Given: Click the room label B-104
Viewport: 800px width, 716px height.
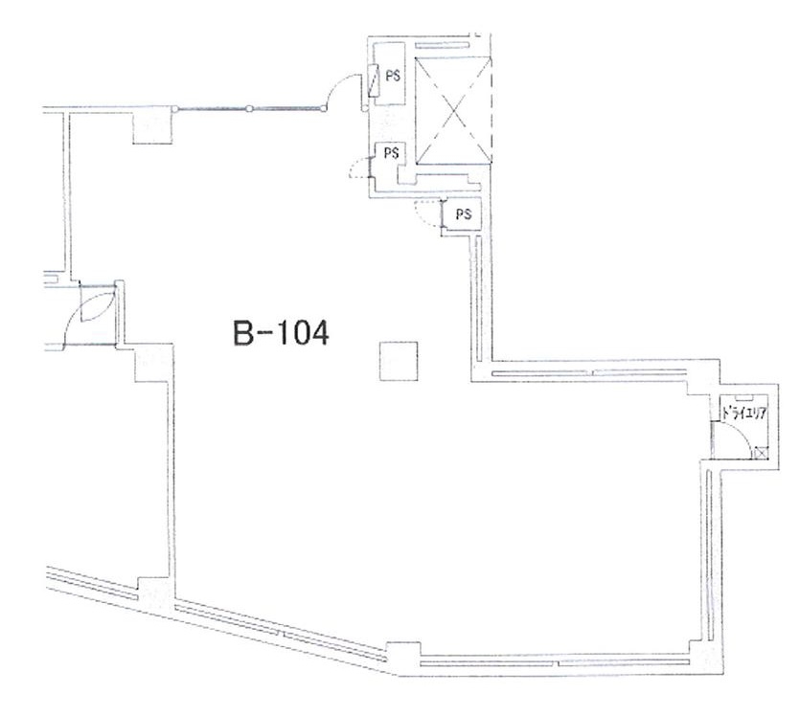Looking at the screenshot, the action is (281, 333).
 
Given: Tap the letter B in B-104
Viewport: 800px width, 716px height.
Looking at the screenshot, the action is (242, 333).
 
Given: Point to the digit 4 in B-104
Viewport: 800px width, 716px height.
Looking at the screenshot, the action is (319, 333).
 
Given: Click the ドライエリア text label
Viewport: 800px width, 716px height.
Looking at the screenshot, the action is (744, 414).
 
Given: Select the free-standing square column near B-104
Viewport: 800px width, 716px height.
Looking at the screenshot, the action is (399, 361).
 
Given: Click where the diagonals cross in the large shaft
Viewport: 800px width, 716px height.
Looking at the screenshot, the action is (453, 111).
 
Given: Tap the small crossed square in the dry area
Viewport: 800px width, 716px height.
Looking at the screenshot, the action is (761, 452).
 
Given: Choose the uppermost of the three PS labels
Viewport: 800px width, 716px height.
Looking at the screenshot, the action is (393, 76).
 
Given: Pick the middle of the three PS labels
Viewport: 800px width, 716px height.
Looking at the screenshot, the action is (391, 153).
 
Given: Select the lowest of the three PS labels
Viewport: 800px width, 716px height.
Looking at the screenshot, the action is (464, 214).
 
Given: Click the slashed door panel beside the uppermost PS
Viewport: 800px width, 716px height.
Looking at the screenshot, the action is (375, 80).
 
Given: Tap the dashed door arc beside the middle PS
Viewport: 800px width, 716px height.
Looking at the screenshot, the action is (357, 168).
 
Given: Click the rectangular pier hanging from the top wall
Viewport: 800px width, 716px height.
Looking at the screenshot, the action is (152, 126).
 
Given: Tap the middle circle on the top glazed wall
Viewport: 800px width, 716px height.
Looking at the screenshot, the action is (249, 108).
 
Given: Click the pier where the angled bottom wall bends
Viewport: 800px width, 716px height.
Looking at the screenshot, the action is (404, 658).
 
